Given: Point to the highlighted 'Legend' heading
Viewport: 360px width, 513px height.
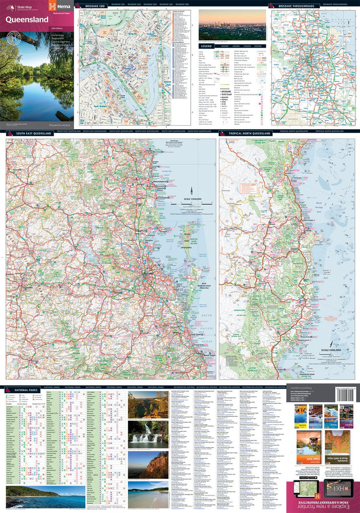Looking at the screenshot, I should coord(207,46).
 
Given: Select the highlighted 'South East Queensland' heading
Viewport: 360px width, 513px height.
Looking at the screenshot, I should coord(30,134).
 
